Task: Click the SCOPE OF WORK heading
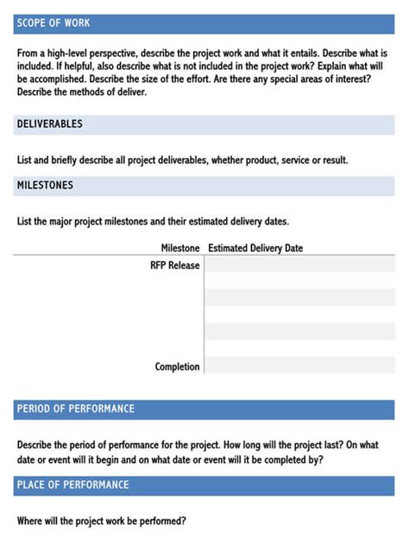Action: tap(53, 23)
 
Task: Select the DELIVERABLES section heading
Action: tap(49, 124)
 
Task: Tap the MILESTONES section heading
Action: tap(45, 186)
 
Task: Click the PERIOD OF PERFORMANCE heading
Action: tap(76, 408)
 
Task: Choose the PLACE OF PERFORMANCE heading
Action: tap(72, 485)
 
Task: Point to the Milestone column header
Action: tap(180, 249)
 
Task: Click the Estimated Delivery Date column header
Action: tap(255, 249)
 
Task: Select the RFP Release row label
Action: tap(175, 265)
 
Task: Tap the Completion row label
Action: tap(178, 367)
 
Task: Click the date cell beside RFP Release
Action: tap(299, 265)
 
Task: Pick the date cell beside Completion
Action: tap(299, 367)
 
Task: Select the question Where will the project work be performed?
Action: tap(102, 522)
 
